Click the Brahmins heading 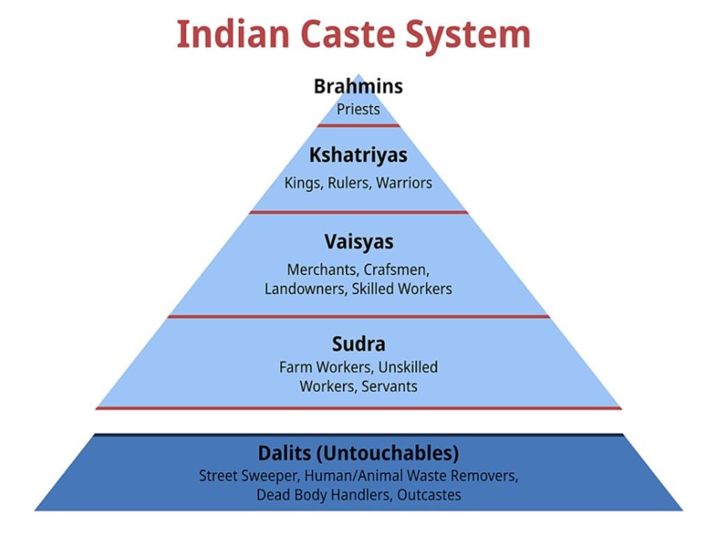click(358, 87)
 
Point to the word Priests click(358, 109)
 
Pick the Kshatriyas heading click(358, 155)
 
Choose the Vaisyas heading click(358, 242)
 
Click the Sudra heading click(358, 345)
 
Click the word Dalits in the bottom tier click(284, 454)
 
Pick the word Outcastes click(429, 495)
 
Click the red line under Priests click(358, 125)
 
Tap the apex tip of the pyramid click(358, 75)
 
